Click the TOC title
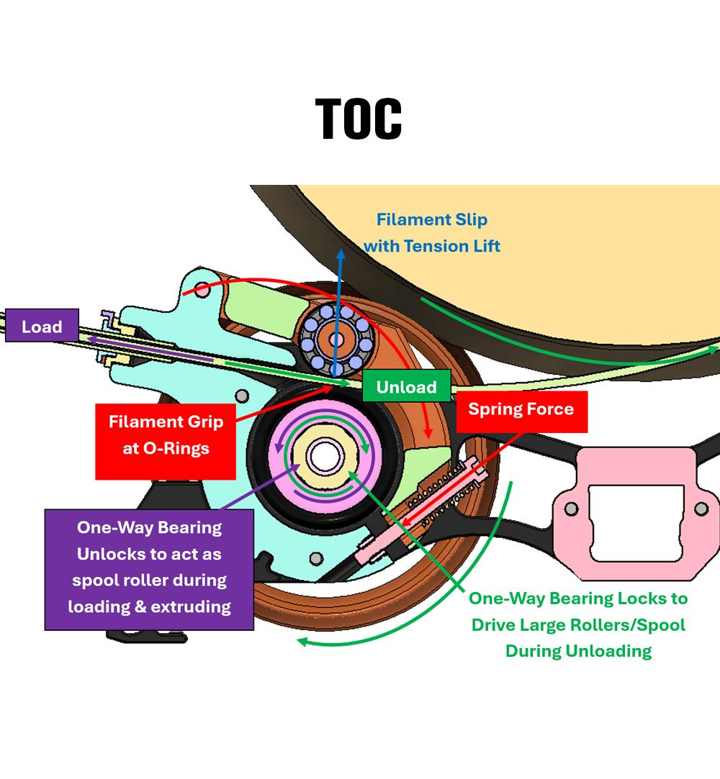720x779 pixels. coord(359,119)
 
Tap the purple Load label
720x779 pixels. coord(42,325)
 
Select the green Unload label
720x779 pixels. coord(407,386)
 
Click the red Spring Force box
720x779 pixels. coord(521,411)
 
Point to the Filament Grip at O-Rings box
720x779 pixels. coord(166,442)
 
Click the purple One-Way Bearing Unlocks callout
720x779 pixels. coord(149,570)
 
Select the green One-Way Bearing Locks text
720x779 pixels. coord(578,624)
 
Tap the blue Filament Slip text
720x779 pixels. coord(431,232)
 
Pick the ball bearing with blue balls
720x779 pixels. coord(337,340)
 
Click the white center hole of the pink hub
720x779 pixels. coord(325,457)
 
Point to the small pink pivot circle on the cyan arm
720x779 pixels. coord(202,290)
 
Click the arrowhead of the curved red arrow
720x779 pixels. coord(427,432)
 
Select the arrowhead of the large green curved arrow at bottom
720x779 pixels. coord(303,642)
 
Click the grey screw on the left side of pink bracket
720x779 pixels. coord(572,509)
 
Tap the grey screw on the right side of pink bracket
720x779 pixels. coord(701,509)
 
